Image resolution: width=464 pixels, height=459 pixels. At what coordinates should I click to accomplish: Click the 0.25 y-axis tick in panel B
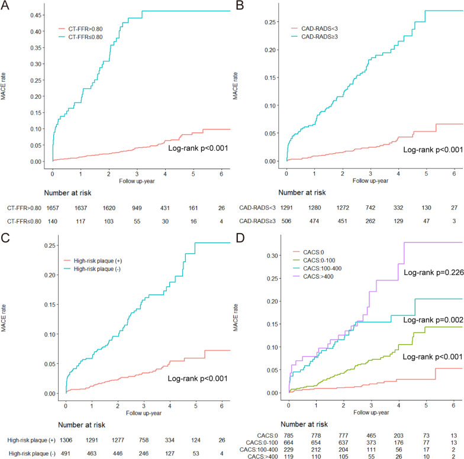(x=272, y=22)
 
